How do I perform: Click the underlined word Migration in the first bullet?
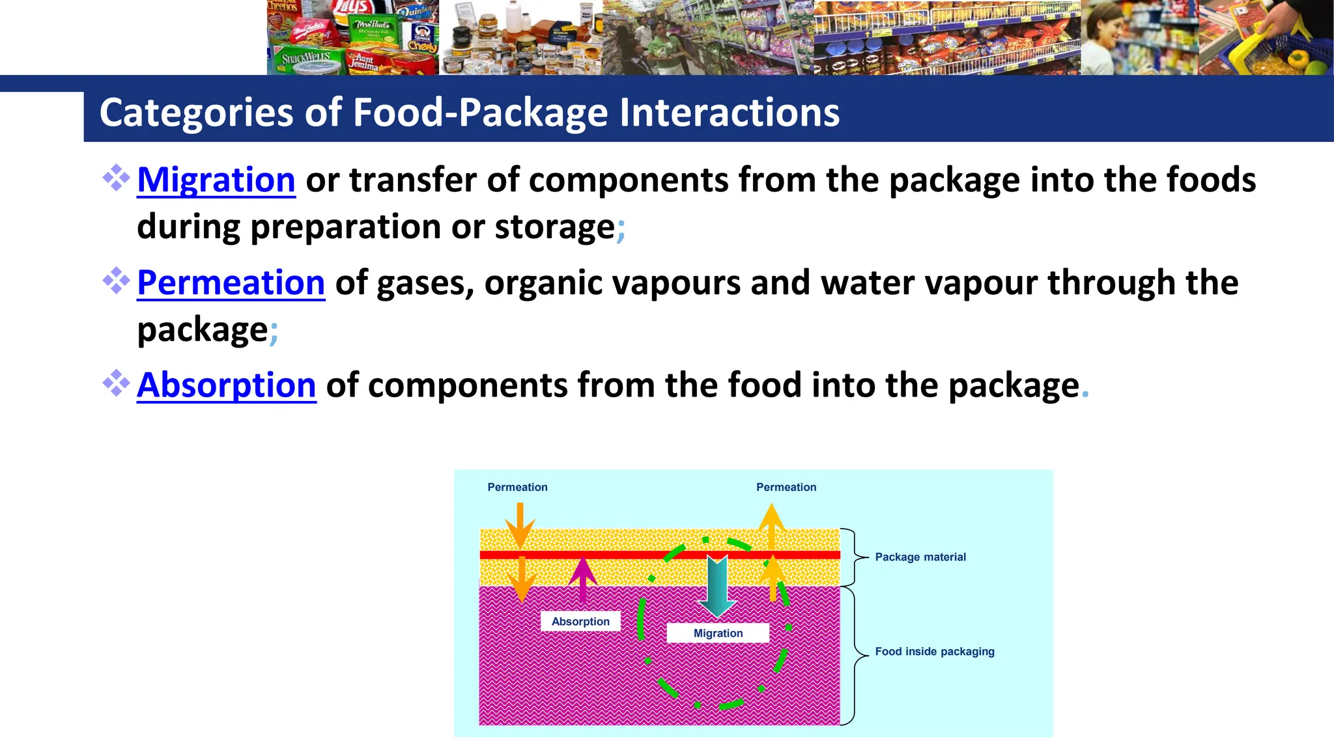point(216,180)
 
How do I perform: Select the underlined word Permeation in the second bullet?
point(231,283)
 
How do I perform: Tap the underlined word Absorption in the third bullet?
point(226,385)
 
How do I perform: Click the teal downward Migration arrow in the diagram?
point(717,585)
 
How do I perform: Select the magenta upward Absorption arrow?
point(582,576)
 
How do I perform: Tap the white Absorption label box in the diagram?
point(580,622)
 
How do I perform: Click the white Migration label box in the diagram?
point(718,633)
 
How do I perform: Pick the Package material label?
point(920,557)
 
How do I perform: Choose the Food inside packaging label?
point(934,652)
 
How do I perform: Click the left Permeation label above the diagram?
point(517,488)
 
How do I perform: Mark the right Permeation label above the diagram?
point(786,488)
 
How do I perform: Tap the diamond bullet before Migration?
point(116,178)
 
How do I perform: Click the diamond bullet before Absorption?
point(116,383)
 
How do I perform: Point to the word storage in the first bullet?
point(554,227)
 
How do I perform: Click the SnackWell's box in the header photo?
point(306,59)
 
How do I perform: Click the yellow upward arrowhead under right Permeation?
point(771,519)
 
